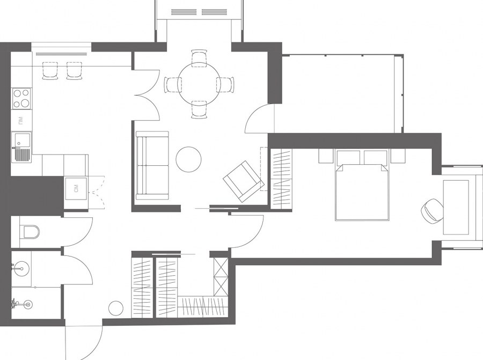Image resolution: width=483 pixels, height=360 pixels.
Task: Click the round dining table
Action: click(199, 84)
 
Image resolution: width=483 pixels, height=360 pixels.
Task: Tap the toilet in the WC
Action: click(30, 232)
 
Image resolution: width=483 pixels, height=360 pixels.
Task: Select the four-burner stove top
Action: click(21, 99)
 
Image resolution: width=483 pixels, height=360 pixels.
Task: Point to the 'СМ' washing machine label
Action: click(76, 188)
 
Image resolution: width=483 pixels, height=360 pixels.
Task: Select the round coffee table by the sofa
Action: click(188, 159)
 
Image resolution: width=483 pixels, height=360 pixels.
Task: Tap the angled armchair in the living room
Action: click(244, 181)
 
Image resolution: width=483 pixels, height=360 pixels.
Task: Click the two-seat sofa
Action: click(152, 165)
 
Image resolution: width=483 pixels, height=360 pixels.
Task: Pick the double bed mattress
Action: click(361, 193)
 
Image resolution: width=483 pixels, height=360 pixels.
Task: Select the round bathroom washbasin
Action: click(21, 269)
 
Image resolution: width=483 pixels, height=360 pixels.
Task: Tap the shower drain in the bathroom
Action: click(28, 305)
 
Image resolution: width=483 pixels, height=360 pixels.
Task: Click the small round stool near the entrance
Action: click(116, 308)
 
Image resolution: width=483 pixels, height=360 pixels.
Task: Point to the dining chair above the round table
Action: click(199, 57)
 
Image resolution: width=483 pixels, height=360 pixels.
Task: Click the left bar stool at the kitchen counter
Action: click(50, 70)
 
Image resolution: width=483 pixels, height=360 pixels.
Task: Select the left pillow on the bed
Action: click(348, 158)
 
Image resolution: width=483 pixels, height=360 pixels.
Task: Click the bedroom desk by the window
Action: click(456, 207)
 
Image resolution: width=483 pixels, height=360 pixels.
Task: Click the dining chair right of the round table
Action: click(225, 85)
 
